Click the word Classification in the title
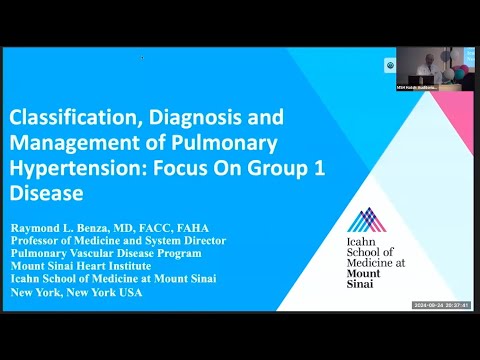pos(63,118)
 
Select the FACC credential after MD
pos(149,227)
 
